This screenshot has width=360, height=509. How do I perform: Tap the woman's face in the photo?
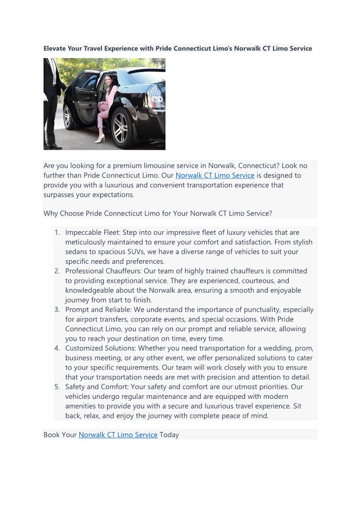108,80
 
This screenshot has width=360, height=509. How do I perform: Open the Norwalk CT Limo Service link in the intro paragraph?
214,175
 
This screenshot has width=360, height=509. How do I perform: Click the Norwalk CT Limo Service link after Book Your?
118,435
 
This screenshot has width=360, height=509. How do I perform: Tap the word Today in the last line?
169,435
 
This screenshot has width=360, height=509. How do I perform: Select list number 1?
57,233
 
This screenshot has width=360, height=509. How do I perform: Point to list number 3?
57,310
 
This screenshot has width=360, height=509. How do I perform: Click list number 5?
57,387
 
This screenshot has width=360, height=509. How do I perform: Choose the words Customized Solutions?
100,348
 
